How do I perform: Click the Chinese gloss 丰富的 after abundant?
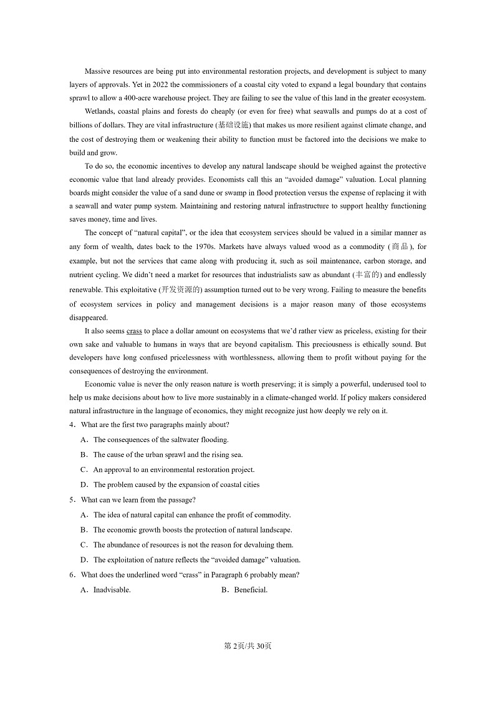(x=366, y=275)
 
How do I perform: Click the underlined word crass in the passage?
(x=134, y=331)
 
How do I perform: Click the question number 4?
(x=72, y=425)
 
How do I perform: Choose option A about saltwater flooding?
(x=160, y=440)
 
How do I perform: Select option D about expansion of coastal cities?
(x=176, y=485)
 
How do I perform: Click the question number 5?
(x=72, y=500)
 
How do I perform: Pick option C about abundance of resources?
(x=184, y=545)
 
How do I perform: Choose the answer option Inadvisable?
(x=112, y=591)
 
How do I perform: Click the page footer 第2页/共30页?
(x=247, y=646)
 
